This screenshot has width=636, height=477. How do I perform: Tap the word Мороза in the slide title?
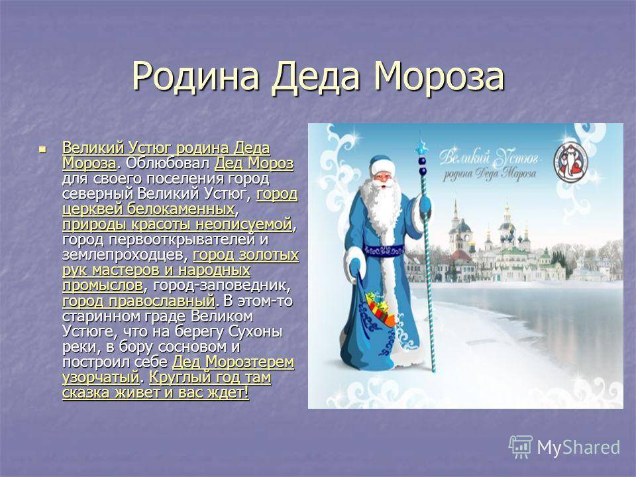[439, 76]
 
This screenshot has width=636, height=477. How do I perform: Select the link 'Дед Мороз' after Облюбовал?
[254, 164]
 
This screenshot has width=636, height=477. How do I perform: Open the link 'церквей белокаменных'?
[148, 209]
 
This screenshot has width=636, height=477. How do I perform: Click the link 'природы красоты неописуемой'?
[178, 225]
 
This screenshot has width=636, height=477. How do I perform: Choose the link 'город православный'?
[138, 301]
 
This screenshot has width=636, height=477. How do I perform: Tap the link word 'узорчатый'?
[101, 378]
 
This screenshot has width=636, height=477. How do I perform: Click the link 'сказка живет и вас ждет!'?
[155, 393]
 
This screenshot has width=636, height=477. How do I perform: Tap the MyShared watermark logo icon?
[521, 447]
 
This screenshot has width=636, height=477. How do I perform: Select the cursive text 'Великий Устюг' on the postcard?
[488, 156]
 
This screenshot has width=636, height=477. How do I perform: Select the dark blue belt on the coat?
[384, 250]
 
